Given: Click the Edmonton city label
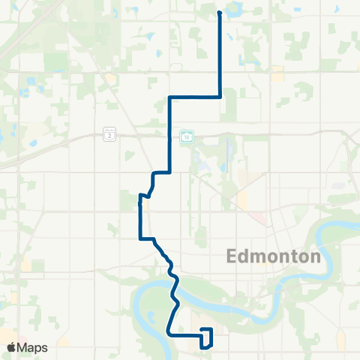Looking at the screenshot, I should click(274, 256).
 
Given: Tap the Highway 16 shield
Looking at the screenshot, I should click(186, 136).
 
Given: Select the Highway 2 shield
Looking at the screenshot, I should click(110, 135).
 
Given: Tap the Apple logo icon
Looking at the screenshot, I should click(11, 346).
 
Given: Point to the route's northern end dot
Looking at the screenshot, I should click(219, 13).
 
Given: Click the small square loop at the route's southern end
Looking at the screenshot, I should click(206, 337).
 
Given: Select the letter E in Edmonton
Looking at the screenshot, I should click(232, 256).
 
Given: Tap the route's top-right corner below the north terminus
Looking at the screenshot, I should click(219, 96).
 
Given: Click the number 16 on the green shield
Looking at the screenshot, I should click(186, 136).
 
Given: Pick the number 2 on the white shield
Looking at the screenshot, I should click(110, 135).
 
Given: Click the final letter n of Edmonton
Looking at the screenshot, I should click(316, 256).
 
